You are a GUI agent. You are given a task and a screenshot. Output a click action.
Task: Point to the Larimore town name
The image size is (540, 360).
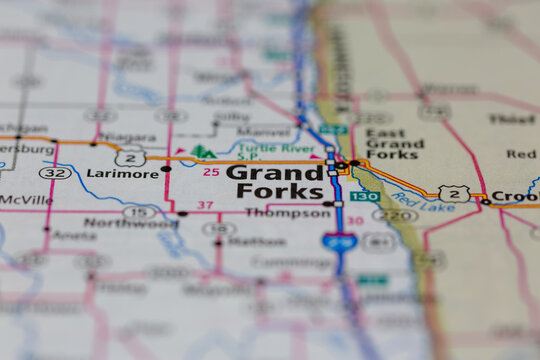point(123,173)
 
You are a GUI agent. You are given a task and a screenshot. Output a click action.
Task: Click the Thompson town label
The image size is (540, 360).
point(287,213)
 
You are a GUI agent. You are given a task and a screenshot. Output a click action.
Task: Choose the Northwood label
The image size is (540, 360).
point(129,223)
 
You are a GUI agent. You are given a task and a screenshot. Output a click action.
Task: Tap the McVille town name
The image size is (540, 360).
point(26,199)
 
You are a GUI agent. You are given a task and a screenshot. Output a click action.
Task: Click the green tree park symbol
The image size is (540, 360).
point(203,152)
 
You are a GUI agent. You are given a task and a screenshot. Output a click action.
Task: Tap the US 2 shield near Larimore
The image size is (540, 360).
point(131,157)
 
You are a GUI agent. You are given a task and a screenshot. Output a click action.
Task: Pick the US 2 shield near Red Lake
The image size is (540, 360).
point(454,193)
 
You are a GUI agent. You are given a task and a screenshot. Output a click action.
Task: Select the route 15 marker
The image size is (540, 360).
point(139,211)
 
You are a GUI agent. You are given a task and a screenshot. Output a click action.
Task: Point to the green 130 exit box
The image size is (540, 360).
point(364,196)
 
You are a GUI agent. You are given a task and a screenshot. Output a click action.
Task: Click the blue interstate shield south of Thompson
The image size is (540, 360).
point(337,241)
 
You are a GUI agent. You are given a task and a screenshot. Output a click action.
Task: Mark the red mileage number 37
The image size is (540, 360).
point(205,205)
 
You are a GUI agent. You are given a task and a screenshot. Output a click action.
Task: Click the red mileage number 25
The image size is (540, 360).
point(210,173)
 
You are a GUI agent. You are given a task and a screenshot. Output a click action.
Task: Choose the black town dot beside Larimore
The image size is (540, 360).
point(166,169)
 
